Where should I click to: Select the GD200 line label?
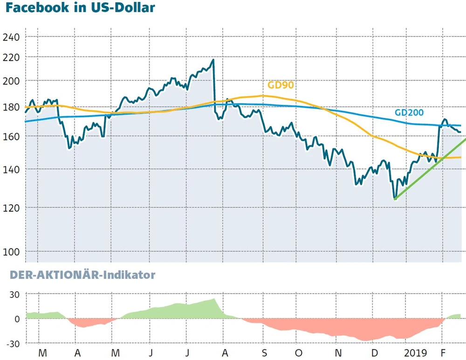click(x=409, y=112)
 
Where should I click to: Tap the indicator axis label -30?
click(x=12, y=344)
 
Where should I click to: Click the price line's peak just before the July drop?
click(x=213, y=60)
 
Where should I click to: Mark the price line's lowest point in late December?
click(x=395, y=199)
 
